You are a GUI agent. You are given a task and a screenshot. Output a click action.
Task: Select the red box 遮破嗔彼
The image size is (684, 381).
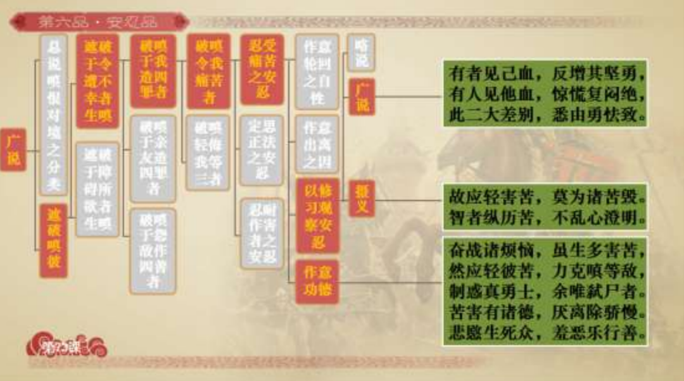[53, 240]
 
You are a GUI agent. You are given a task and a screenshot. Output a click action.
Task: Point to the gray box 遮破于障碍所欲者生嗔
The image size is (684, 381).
[98, 189]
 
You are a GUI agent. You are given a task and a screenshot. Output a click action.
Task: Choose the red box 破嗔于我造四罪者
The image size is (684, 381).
[153, 71]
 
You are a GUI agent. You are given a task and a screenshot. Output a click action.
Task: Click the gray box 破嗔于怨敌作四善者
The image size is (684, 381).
[153, 251]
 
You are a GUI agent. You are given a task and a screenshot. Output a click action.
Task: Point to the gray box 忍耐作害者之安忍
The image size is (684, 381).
[262, 233]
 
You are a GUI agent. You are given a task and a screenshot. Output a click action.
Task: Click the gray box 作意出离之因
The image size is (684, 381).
[317, 144]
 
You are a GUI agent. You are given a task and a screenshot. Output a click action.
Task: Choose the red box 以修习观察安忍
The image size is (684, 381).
[317, 215]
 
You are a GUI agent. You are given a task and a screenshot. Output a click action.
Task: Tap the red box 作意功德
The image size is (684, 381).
[317, 282]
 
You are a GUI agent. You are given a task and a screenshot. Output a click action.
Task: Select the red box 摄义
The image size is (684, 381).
[361, 199]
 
